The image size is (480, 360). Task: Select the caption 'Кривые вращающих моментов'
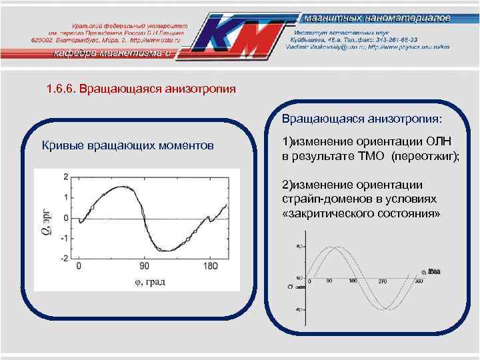click(x=128, y=145)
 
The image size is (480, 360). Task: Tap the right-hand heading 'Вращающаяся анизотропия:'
click(x=362, y=119)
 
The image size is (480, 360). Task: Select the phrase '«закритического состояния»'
click(x=361, y=213)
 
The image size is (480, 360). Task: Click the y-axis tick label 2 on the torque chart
click(x=65, y=177)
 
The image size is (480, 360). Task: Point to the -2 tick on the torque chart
click(x=64, y=258)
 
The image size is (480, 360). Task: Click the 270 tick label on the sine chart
click(x=383, y=282)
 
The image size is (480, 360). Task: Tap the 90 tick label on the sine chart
click(x=329, y=282)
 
